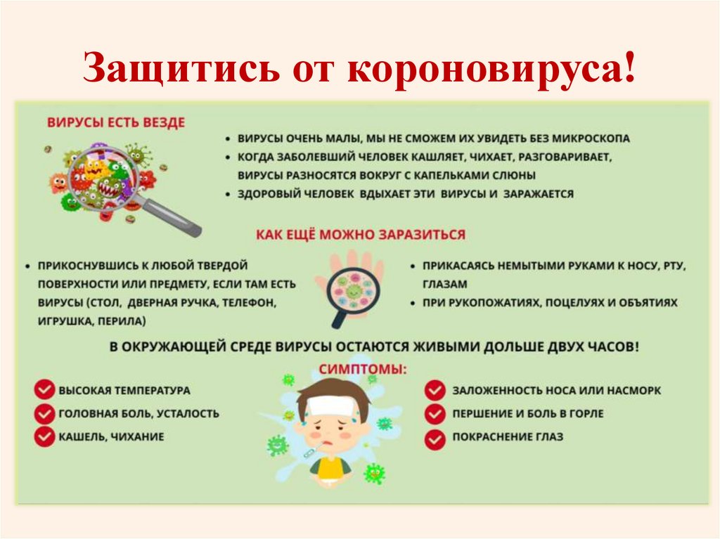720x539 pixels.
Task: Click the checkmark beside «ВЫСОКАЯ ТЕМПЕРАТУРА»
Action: click(44, 389)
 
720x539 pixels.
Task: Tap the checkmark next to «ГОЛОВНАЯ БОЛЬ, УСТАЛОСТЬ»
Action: click(44, 413)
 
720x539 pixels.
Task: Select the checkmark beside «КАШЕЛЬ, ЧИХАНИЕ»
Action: click(44, 436)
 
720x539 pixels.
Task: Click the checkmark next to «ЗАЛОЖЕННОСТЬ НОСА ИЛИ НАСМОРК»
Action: click(435, 390)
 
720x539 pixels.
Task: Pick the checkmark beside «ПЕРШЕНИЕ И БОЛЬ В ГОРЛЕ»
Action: click(435, 413)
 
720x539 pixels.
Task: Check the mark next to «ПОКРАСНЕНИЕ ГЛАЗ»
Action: click(435, 437)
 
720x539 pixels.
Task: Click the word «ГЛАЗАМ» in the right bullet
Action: click(445, 285)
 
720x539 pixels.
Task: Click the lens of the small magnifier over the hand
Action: click(354, 290)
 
